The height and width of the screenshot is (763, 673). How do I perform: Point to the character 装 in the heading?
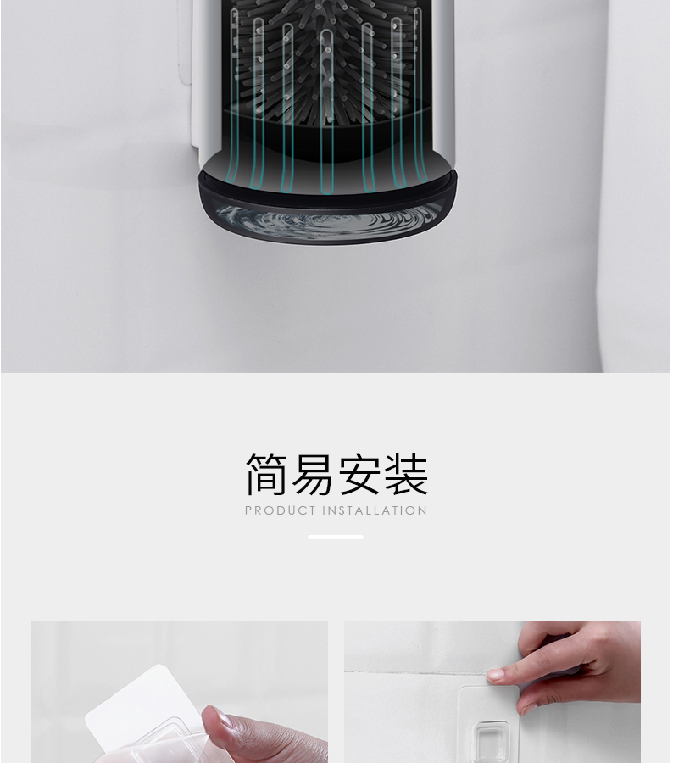pyautogui.click(x=406, y=474)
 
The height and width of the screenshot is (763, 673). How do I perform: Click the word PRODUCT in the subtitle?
pyautogui.click(x=281, y=510)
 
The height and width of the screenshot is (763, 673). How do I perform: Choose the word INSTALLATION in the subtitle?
pyautogui.click(x=375, y=510)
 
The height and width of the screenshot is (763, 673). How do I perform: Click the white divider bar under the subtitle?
pyautogui.click(x=336, y=537)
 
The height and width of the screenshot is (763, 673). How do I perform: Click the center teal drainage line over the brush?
pyautogui.click(x=326, y=112)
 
